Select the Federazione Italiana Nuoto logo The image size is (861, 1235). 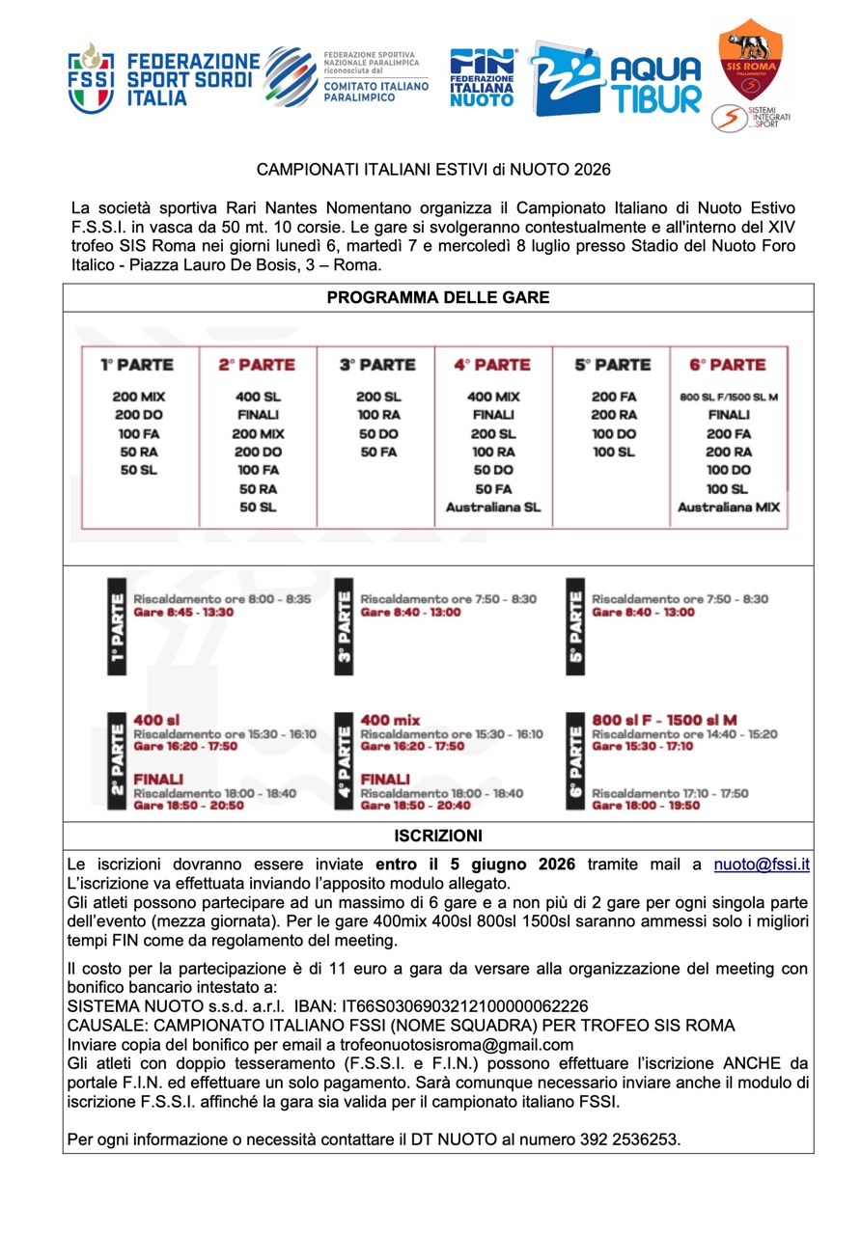483,78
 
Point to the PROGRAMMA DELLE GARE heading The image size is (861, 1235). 438,298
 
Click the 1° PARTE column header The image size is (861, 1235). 138,365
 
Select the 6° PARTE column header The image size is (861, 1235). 728,365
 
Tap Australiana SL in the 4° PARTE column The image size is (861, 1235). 492,508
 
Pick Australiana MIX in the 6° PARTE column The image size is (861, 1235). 728,508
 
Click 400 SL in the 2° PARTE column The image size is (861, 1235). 258,397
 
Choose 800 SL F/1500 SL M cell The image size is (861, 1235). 728,397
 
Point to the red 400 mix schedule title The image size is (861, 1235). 390,720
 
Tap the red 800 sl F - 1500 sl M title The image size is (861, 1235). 664,720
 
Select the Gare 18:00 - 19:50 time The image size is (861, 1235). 646,806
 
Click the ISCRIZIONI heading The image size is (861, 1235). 438,836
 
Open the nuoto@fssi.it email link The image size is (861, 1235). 762,864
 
